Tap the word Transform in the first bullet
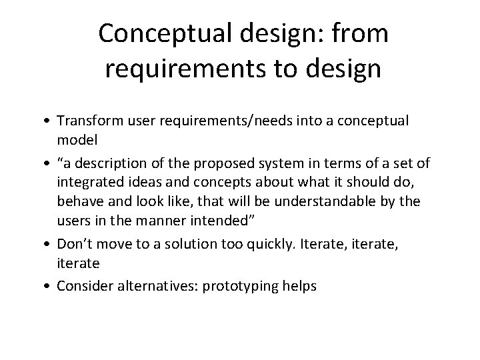point(84,121)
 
